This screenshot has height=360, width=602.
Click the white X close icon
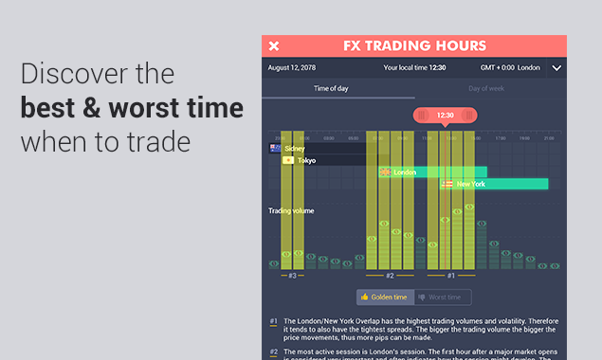[x=274, y=46]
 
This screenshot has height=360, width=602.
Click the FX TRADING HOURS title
[x=414, y=45]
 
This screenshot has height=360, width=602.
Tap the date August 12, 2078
[x=292, y=68]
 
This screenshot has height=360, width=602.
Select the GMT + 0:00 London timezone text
[x=511, y=68]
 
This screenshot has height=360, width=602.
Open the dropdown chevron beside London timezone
[x=556, y=68]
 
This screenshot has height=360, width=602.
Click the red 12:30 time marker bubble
[x=445, y=116]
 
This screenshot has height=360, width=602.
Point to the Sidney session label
[x=294, y=149]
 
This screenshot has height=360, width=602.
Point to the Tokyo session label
[x=306, y=160]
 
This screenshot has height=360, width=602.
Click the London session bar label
[x=405, y=172]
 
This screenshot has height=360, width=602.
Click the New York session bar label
[x=470, y=184]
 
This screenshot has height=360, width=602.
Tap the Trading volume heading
[x=291, y=210]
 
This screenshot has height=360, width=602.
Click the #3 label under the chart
[x=292, y=276]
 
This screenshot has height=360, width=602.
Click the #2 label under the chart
[x=390, y=276]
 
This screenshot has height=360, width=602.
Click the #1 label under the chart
[x=451, y=276]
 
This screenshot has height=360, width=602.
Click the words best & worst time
[x=132, y=109]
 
